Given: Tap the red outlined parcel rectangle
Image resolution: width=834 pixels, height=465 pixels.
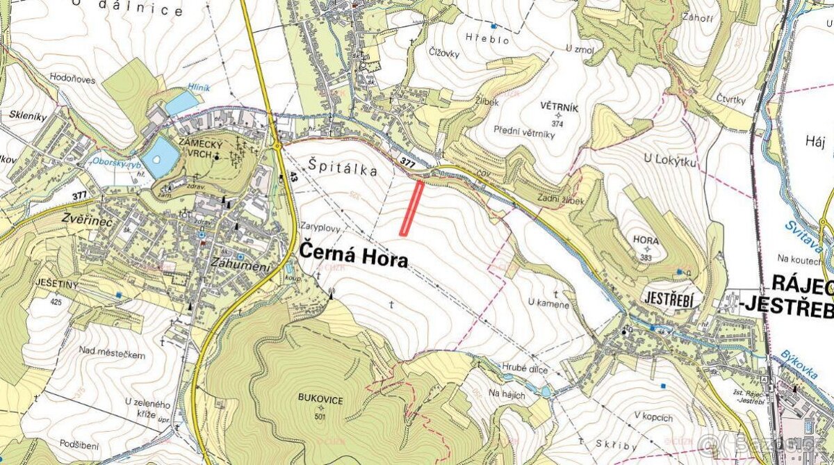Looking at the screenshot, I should [412, 206].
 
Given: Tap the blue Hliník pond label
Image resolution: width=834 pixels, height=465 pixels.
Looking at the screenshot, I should [198, 88].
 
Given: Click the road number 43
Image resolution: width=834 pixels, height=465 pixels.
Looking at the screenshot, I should [294, 179].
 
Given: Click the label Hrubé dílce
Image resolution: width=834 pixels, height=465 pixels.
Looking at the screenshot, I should [526, 368].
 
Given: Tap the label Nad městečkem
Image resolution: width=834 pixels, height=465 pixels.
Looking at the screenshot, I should [113, 354].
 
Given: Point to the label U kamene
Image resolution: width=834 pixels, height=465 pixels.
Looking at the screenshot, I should [548, 304].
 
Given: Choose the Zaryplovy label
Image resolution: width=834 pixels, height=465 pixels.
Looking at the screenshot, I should [322, 227].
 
